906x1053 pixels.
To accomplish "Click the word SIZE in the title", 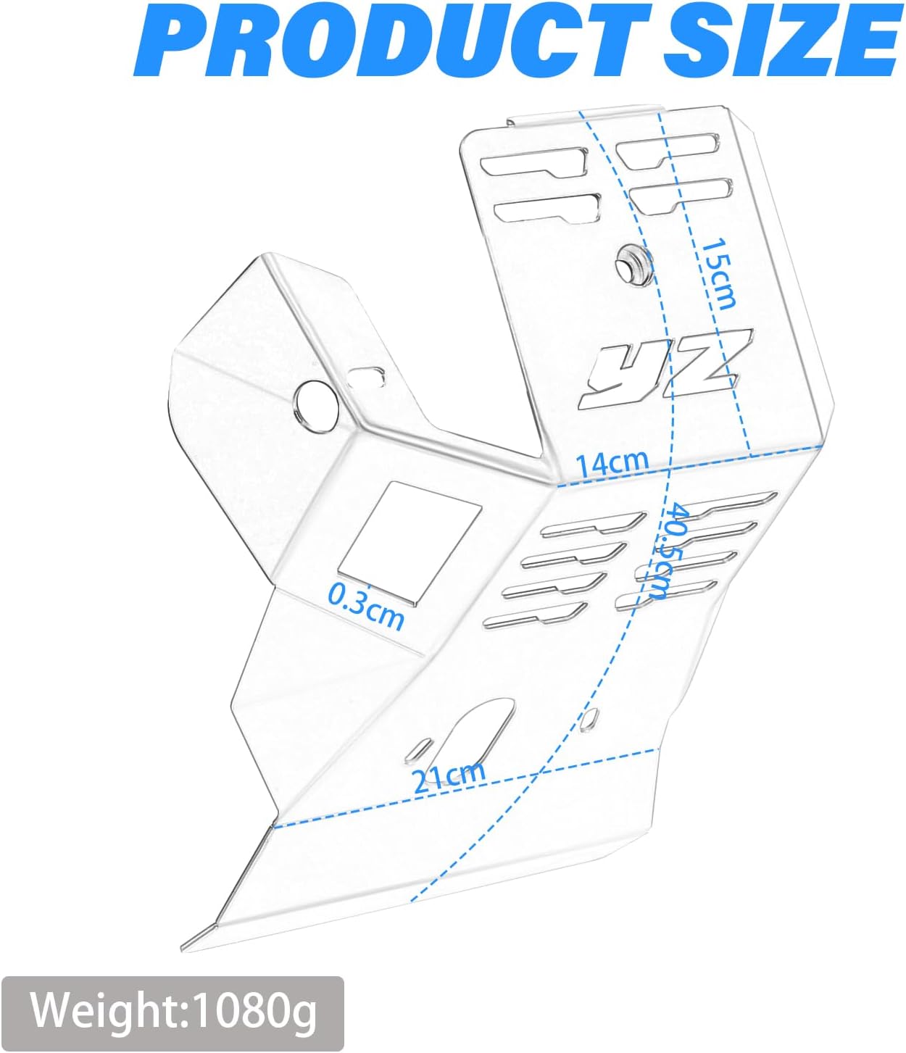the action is point(781,40).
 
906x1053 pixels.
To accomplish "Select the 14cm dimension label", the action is point(612,463).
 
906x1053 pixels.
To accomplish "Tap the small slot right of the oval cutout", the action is point(589,719).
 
